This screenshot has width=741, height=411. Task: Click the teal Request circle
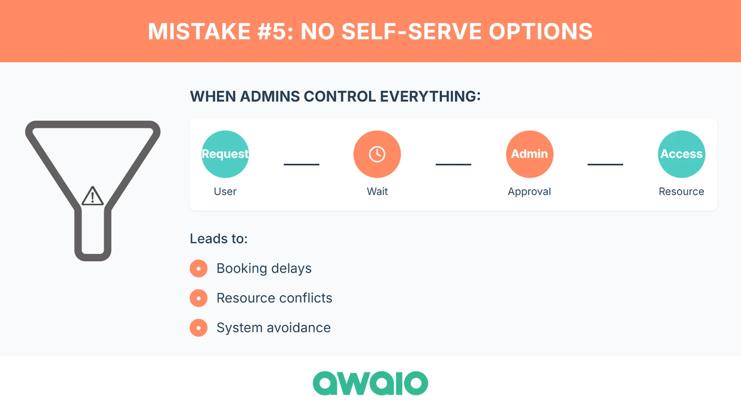(225, 154)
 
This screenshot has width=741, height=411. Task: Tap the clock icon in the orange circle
(377, 154)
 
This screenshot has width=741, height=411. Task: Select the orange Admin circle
(529, 154)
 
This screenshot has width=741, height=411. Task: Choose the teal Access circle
(681, 154)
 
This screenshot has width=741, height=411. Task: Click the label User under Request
(225, 191)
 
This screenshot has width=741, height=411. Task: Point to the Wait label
(377, 191)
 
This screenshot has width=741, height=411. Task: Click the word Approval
(529, 191)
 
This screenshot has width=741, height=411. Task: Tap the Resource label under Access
(681, 191)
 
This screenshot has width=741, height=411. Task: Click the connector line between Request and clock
(301, 164)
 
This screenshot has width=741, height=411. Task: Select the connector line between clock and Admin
(453, 164)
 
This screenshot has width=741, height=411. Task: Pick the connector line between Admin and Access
(605, 164)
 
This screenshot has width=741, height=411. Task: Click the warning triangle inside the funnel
(93, 196)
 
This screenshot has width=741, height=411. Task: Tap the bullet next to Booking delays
(199, 268)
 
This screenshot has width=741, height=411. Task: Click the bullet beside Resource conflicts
(199, 298)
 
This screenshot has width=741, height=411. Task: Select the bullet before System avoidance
(199, 328)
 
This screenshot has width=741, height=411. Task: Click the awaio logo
(370, 383)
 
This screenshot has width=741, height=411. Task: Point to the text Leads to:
(219, 239)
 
